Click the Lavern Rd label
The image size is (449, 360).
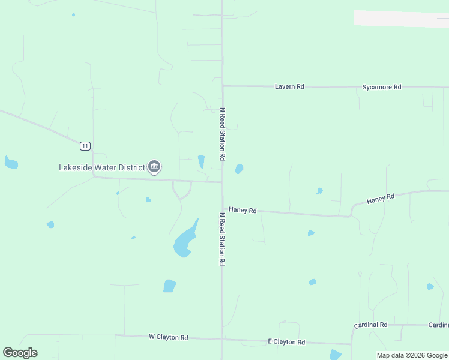(289, 87)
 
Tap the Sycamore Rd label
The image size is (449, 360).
(381, 87)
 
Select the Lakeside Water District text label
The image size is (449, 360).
(101, 167)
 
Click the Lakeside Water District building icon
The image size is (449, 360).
(154, 167)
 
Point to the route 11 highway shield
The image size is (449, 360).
(85, 146)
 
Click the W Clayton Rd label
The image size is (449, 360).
(168, 337)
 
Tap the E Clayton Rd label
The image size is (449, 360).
(286, 342)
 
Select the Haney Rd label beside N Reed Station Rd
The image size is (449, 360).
(243, 211)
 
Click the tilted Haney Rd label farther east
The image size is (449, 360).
(381, 199)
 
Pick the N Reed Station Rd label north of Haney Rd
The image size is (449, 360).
(222, 134)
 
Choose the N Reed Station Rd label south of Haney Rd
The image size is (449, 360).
(221, 239)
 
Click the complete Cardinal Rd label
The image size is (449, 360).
(370, 325)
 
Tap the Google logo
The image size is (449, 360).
(20, 353)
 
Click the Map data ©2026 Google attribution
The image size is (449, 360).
(412, 355)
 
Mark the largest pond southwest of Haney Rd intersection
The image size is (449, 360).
(185, 240)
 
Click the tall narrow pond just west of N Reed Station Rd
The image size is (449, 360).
(201, 161)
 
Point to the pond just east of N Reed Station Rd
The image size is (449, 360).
(240, 169)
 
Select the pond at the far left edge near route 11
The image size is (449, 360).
(10, 162)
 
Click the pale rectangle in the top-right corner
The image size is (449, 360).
(401, 19)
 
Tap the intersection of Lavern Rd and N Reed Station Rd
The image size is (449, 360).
(223, 86)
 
